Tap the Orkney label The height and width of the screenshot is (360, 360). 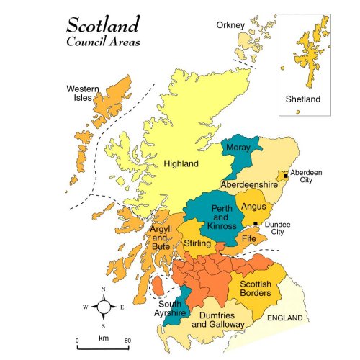tap(230, 26)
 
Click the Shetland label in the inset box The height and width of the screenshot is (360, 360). tap(305, 99)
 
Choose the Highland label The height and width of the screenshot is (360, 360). tap(181, 163)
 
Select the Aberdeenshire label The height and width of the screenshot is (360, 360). tap(248, 185)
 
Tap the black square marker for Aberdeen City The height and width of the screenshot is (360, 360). tap(286, 176)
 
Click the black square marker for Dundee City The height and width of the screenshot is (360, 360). tap(256, 224)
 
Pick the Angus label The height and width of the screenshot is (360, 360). tap(253, 207)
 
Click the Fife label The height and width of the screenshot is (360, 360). tap(248, 238)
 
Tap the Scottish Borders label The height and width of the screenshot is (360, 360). tap(255, 288)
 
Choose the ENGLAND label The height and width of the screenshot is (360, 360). tap(286, 318)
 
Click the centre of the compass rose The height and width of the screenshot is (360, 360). tap(104, 307)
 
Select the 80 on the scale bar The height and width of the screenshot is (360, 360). tap(127, 339)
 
